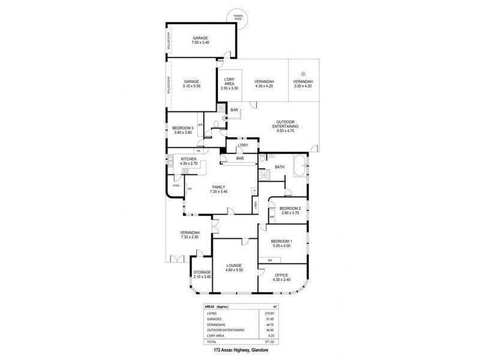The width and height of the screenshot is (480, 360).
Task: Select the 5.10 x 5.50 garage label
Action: point(191,84)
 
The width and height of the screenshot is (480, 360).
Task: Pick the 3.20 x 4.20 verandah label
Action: point(303,84)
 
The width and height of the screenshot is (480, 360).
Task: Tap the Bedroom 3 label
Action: point(182,130)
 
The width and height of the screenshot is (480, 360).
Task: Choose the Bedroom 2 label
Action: point(290,210)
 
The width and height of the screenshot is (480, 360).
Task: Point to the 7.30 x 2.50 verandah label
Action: point(189,235)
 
